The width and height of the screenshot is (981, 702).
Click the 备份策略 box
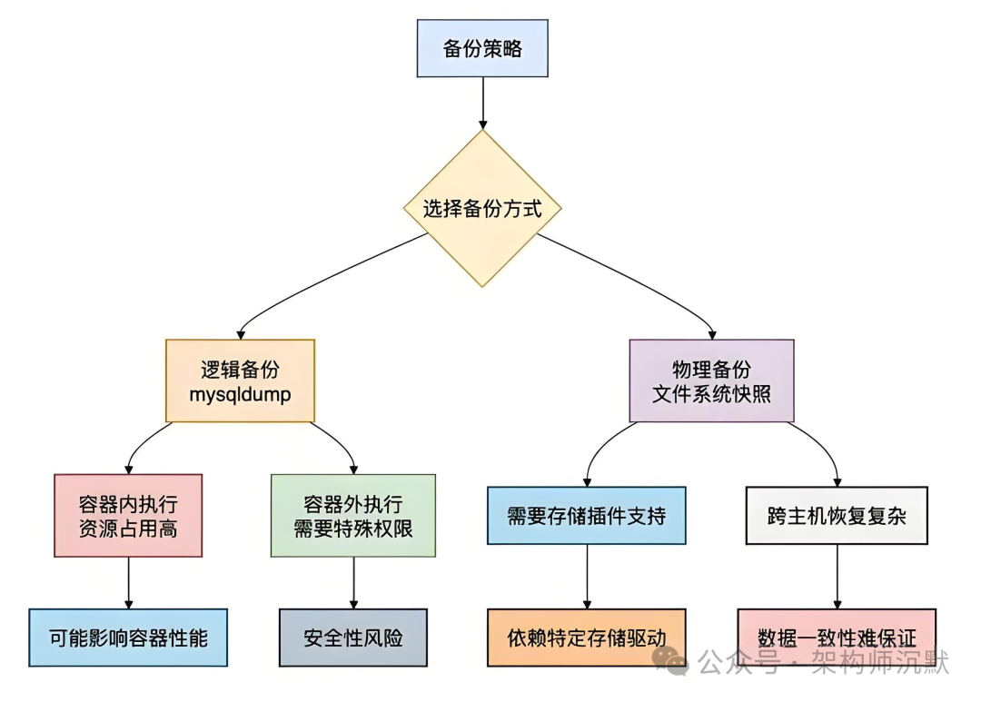[x=482, y=49]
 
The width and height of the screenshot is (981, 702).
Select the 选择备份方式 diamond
[x=482, y=209]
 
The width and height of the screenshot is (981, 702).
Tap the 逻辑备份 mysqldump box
[x=240, y=381]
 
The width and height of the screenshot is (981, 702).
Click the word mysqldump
[x=240, y=394]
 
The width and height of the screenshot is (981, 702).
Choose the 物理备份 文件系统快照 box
[x=711, y=381]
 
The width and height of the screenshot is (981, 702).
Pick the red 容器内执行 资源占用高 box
[x=128, y=515]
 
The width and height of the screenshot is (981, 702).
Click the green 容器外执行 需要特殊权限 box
[x=353, y=515]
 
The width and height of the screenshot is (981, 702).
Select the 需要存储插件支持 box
[x=586, y=516]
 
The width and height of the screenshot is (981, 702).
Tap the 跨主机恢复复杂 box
[x=837, y=516]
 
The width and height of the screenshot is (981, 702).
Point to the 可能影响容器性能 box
[x=128, y=638]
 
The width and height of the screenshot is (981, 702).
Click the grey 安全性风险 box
[x=353, y=638]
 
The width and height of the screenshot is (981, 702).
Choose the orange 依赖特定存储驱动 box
[x=586, y=638]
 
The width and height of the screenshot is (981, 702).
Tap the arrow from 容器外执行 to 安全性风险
[x=353, y=582]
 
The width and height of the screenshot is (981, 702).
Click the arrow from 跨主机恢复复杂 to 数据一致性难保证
[x=837, y=576]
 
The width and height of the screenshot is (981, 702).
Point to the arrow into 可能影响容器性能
[x=128, y=582]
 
